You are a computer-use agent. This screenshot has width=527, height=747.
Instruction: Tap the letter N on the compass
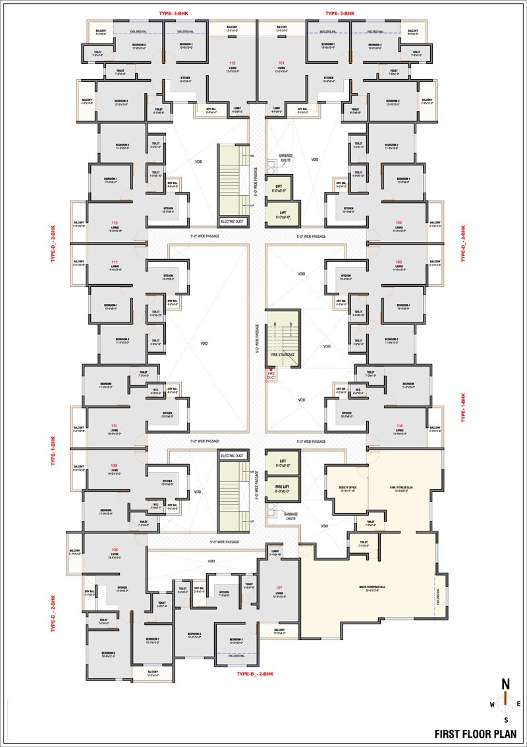point(505,683)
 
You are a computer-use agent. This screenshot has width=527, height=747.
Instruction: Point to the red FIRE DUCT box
point(270,374)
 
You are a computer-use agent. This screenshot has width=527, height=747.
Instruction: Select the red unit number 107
point(279,587)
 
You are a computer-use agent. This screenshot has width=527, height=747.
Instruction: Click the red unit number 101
point(281,63)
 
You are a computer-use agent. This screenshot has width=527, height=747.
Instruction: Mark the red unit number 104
point(399,426)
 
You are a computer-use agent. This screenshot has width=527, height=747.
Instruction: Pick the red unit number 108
point(115,549)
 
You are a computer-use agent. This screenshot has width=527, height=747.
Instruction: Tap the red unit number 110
point(114,426)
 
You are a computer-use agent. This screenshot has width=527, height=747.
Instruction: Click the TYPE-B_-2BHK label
point(254,674)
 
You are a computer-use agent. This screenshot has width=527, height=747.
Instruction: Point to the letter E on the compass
point(519,704)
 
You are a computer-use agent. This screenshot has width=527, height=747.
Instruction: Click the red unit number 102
point(399,223)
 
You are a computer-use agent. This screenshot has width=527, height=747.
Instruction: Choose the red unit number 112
point(115,223)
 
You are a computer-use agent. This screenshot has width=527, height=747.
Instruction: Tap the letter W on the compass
point(491,704)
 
